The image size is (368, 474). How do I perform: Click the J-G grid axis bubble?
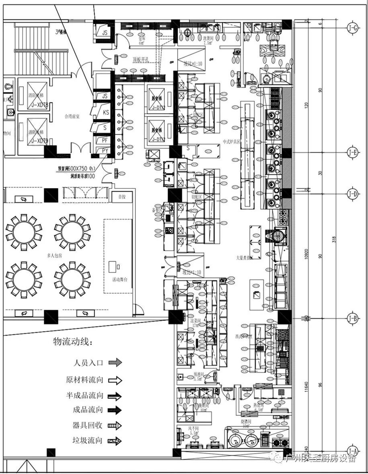click(353, 28)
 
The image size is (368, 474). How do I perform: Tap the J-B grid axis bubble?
click(353, 319)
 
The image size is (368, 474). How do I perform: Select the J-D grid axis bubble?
click(353, 194)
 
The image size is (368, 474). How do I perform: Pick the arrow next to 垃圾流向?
click(115, 441)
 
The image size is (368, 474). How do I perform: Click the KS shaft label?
click(106, 112)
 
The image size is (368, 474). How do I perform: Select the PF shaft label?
click(105, 140)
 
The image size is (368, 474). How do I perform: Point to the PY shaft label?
click(105, 151)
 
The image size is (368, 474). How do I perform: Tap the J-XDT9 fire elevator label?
click(39, 141)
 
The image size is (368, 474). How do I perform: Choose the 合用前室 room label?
click(72, 116)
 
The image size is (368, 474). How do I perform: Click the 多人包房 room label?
click(45, 255)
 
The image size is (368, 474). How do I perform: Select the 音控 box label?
click(122, 197)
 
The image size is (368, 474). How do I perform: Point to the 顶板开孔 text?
click(141, 60)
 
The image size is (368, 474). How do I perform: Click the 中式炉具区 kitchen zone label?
click(231, 142)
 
